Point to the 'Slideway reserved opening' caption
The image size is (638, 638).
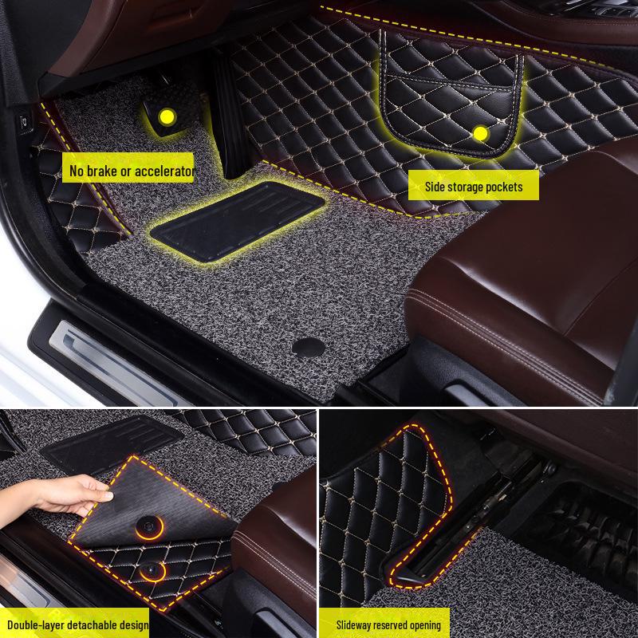click(388, 624)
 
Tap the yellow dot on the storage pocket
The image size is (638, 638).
click(479, 133)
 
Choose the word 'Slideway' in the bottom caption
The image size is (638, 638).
click(356, 624)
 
